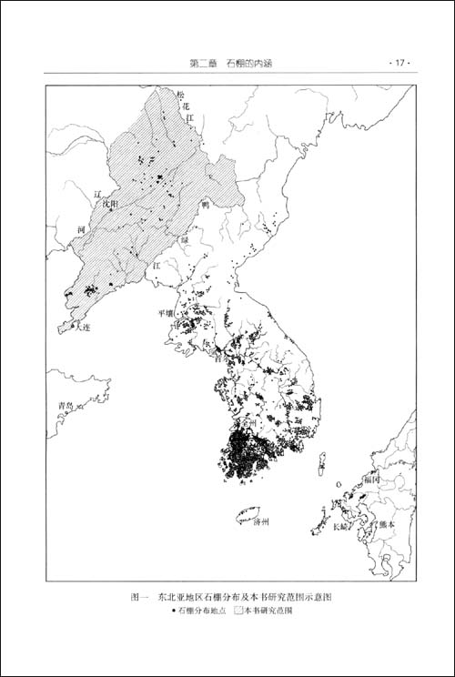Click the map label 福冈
371,477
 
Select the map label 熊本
386,523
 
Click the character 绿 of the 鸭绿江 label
184,240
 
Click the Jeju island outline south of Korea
247,516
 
